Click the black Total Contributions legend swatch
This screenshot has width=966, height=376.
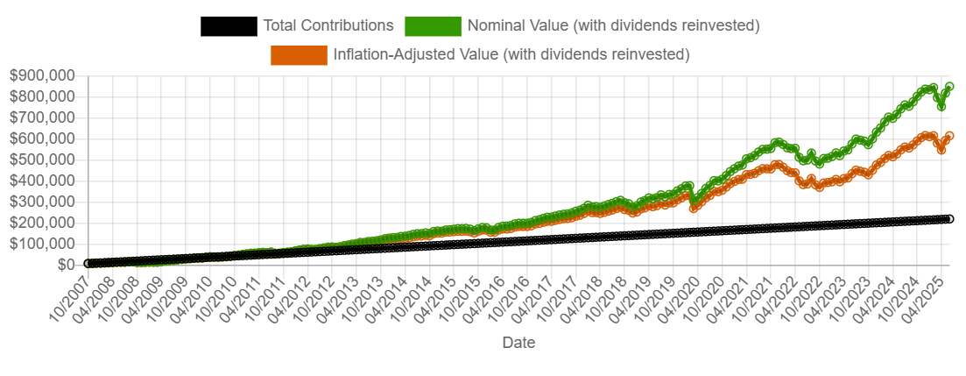pyautogui.click(x=228, y=25)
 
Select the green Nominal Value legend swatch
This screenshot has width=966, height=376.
pyautogui.click(x=432, y=25)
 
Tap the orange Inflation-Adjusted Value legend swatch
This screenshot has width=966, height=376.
pyautogui.click(x=299, y=54)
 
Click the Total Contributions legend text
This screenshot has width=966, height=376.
pyautogui.click(x=328, y=25)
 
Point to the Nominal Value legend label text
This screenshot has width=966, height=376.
pyautogui.click(x=613, y=25)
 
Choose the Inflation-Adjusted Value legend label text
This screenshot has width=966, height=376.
pyautogui.click(x=511, y=54)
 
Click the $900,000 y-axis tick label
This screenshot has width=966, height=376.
pyautogui.click(x=41, y=75)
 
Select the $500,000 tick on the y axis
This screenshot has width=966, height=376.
pyautogui.click(x=41, y=160)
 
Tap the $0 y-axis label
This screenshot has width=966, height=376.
pyautogui.click(x=66, y=264)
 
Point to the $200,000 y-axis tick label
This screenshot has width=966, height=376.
pyautogui.click(x=41, y=223)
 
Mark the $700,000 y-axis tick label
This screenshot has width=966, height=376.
pyautogui.click(x=41, y=117)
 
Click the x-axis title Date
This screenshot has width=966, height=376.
pyautogui.click(x=518, y=343)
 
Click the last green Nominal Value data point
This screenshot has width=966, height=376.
pyautogui.click(x=949, y=87)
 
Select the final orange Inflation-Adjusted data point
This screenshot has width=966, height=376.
pyautogui.click(x=949, y=136)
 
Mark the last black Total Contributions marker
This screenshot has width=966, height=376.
pyautogui.click(x=949, y=219)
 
